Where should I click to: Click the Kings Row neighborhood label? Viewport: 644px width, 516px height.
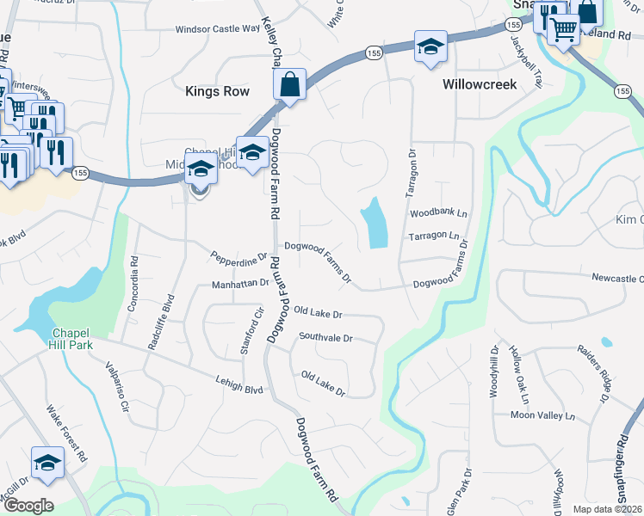(x=217, y=91)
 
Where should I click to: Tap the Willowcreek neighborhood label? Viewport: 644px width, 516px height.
(x=479, y=85)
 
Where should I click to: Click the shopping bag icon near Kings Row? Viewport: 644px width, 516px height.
(x=289, y=85)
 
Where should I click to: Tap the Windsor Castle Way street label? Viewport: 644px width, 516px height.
(x=217, y=28)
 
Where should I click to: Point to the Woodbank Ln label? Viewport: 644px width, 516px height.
(x=437, y=212)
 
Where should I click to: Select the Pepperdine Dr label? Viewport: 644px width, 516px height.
(x=239, y=255)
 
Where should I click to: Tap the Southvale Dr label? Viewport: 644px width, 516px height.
(x=325, y=338)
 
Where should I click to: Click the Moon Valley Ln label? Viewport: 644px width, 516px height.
(x=542, y=415)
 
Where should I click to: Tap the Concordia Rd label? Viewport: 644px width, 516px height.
(x=134, y=273)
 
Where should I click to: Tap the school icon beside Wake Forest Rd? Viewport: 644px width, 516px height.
(x=47, y=463)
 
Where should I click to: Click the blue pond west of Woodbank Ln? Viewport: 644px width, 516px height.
(x=375, y=223)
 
